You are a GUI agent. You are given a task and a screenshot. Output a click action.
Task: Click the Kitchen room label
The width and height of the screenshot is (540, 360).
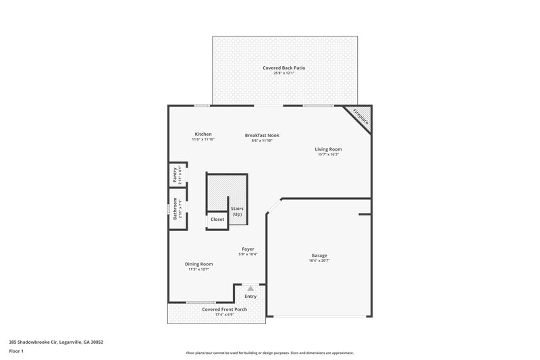(x=203, y=134)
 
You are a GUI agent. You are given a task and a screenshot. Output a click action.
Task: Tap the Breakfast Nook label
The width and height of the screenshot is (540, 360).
(x=261, y=135)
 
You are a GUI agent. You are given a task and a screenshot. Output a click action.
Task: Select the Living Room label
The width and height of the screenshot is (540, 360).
(x=328, y=149)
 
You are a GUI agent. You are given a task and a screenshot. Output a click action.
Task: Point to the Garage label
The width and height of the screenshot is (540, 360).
(x=319, y=255)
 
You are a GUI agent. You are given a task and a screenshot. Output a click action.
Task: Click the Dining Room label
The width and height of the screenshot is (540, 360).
(x=199, y=264)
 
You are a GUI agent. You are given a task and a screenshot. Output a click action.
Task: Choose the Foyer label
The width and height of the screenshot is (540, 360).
(x=248, y=249)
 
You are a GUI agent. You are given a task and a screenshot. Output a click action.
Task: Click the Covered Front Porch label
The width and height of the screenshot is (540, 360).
(x=225, y=309)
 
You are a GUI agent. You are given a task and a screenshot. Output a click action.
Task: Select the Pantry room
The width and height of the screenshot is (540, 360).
(x=176, y=175)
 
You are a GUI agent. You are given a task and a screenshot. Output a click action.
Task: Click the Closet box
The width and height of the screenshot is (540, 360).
(x=217, y=220)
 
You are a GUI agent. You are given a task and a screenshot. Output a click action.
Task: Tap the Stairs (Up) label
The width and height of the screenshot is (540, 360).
(x=237, y=211)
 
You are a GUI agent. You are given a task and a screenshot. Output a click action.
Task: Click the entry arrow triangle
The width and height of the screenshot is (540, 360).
(x=250, y=288)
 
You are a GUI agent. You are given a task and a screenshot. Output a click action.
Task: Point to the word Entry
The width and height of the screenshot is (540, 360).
(x=250, y=296)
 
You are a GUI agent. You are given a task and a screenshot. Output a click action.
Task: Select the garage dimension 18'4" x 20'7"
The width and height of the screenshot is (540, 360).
(x=319, y=261)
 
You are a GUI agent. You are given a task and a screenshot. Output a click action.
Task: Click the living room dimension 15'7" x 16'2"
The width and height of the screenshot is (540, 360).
(x=328, y=155)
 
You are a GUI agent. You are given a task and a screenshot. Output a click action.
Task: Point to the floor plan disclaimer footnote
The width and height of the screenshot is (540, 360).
(x=269, y=353)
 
